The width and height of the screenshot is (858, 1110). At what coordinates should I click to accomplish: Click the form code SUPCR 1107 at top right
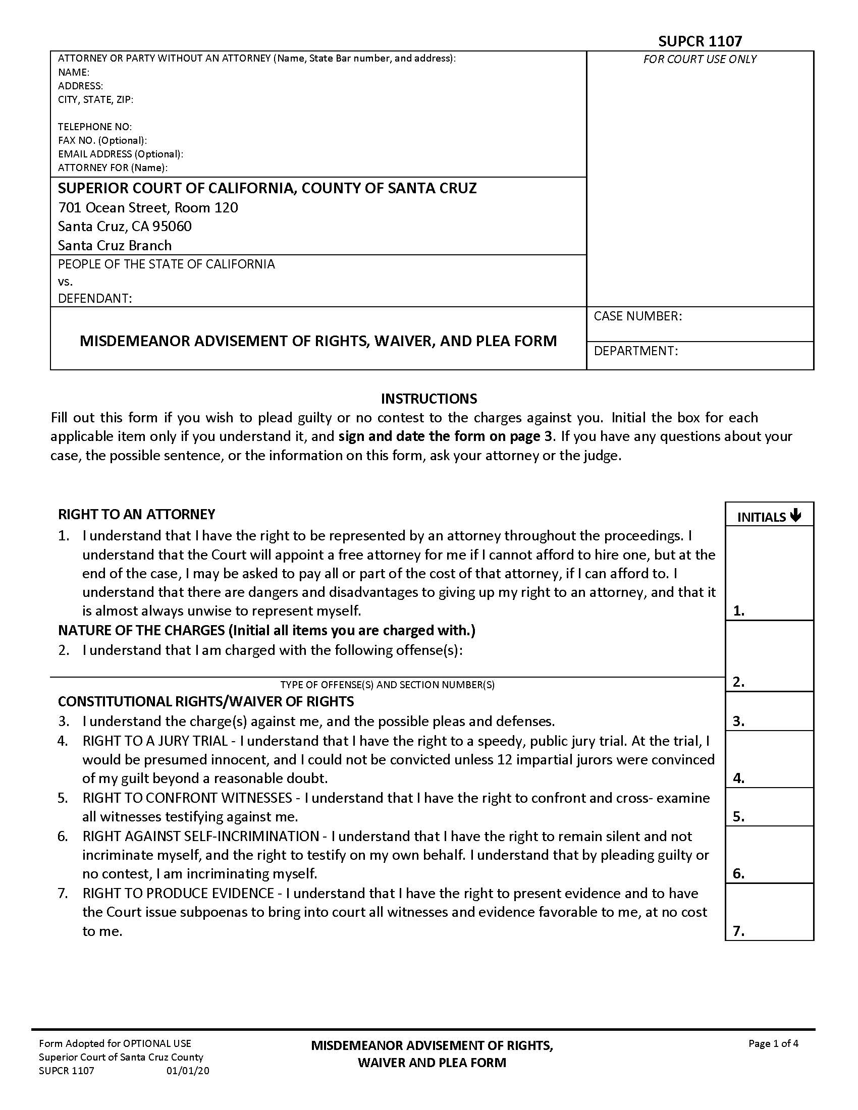pyautogui.click(x=700, y=41)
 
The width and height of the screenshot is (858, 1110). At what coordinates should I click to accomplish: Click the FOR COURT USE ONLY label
pyautogui.click(x=700, y=60)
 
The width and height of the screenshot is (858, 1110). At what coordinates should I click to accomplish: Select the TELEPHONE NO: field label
pyautogui.click(x=94, y=127)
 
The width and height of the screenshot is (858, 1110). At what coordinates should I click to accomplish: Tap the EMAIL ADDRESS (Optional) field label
pyautogui.click(x=121, y=154)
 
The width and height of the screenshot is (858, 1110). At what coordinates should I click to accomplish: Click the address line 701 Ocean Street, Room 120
pyautogui.click(x=147, y=207)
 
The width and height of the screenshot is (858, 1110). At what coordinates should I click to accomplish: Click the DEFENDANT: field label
pyautogui.click(x=94, y=298)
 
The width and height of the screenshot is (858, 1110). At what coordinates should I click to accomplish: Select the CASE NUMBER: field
pyautogui.click(x=700, y=324)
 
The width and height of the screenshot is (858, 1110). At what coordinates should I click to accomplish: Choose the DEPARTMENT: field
pyautogui.click(x=700, y=355)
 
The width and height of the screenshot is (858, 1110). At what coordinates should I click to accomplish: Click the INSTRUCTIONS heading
pyautogui.click(x=428, y=398)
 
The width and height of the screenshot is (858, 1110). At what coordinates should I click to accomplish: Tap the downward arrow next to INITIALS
pyautogui.click(x=796, y=516)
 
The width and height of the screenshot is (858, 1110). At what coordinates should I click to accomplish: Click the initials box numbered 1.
pyautogui.click(x=769, y=573)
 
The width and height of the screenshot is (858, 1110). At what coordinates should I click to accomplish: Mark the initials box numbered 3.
pyautogui.click(x=769, y=711)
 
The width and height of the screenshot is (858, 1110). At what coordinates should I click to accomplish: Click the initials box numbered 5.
pyautogui.click(x=769, y=807)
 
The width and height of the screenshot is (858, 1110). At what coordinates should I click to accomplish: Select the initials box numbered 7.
pyautogui.click(x=769, y=912)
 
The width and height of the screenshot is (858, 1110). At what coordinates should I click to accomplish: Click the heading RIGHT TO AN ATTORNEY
pyautogui.click(x=136, y=514)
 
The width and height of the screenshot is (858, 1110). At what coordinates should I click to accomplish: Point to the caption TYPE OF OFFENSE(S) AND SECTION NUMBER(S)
pyautogui.click(x=387, y=685)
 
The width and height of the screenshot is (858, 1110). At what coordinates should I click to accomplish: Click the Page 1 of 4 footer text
pyautogui.click(x=773, y=1044)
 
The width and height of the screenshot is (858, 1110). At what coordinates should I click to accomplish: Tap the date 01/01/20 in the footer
pyautogui.click(x=188, y=1071)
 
